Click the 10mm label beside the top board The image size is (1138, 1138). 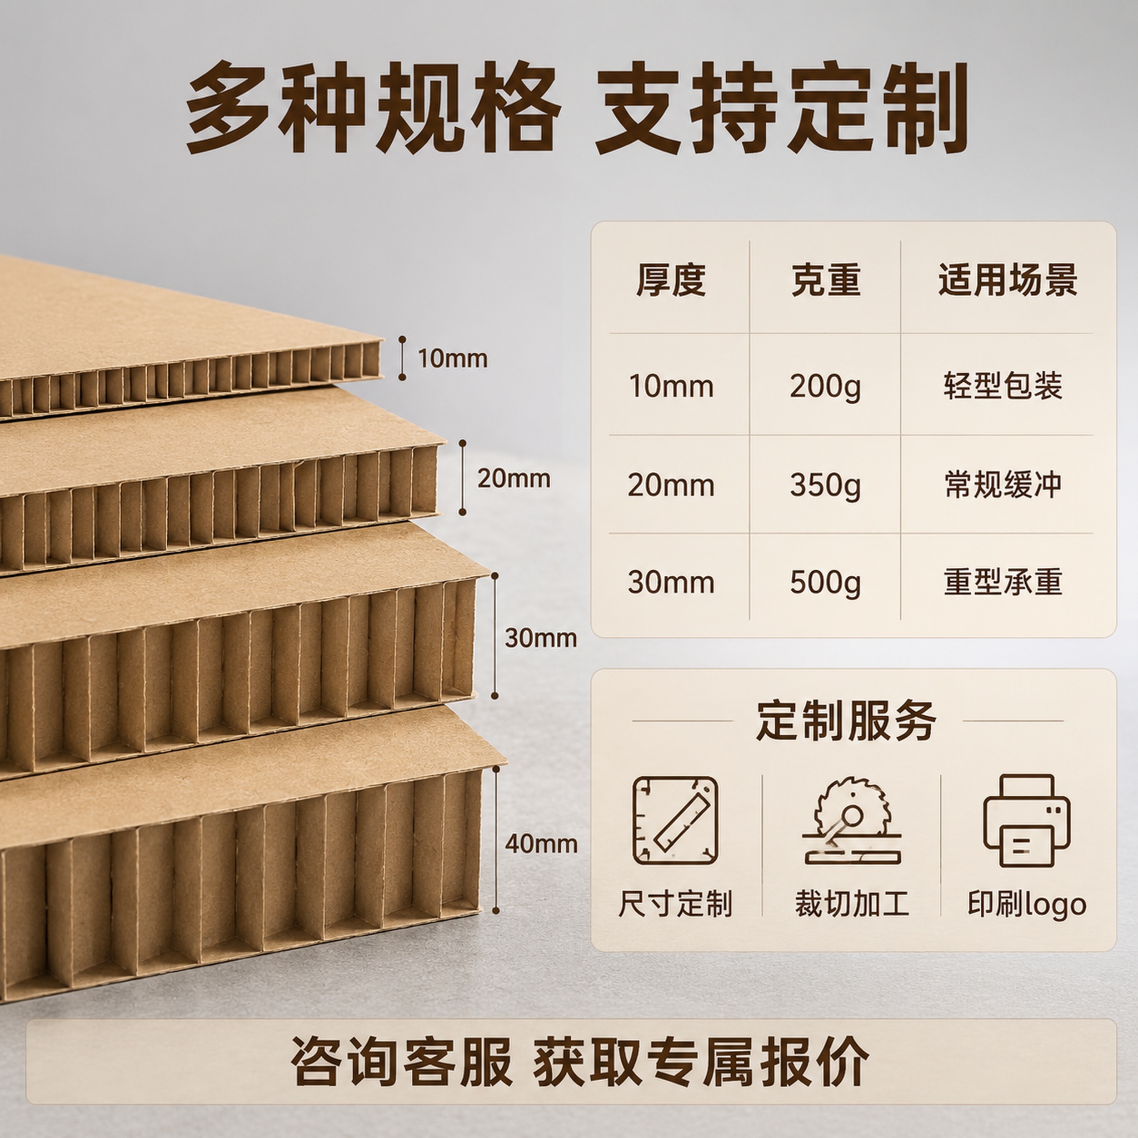pyautogui.click(x=452, y=359)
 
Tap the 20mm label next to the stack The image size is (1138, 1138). pyautogui.click(x=513, y=478)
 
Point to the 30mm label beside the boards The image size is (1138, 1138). pyautogui.click(x=541, y=638)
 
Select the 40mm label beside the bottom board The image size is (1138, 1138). pyautogui.click(x=541, y=844)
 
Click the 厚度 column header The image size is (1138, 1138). pyautogui.click(x=671, y=280)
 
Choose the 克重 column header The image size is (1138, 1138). pyautogui.click(x=826, y=280)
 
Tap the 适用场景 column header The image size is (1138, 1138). pyautogui.click(x=1008, y=280)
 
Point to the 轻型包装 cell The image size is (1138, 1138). pyautogui.click(x=1002, y=386)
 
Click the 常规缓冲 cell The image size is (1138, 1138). pyautogui.click(x=1002, y=485)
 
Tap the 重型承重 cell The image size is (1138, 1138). pyautogui.click(x=1002, y=582)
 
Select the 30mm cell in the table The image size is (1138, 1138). pyautogui.click(x=671, y=582)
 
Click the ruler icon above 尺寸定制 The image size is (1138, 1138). pyautogui.click(x=675, y=821)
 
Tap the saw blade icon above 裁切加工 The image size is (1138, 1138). pyautogui.click(x=852, y=821)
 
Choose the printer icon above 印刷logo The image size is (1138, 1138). pyautogui.click(x=1027, y=821)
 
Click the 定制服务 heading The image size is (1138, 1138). pyautogui.click(x=846, y=721)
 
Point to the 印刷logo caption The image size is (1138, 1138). pyautogui.click(x=1027, y=904)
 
